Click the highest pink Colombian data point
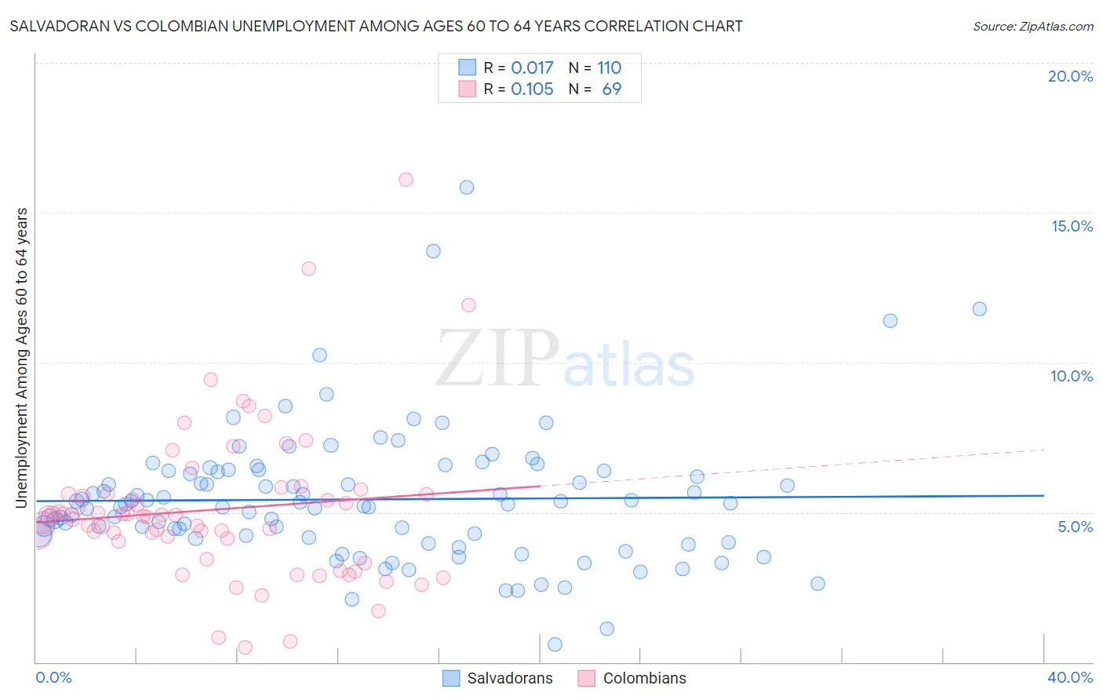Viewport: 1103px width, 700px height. [406, 180]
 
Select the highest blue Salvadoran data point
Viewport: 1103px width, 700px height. [467, 188]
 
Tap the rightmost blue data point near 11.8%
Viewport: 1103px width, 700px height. [979, 309]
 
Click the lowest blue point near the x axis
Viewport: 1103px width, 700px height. [555, 644]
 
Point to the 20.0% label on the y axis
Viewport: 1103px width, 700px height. [1070, 76]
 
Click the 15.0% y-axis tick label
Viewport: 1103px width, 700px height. [1072, 226]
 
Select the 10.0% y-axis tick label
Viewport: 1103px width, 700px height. [1072, 376]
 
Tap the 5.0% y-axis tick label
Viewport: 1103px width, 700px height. [1075, 527]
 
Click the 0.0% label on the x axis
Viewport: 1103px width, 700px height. [53, 678]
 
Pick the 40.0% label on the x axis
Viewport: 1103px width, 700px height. [1069, 678]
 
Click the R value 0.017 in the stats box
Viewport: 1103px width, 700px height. [532, 68]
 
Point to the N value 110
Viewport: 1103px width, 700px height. [609, 68]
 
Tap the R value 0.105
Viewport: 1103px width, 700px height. [532, 89]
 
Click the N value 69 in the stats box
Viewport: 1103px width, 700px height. [611, 89]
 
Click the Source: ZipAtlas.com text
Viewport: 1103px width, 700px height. [1032, 27]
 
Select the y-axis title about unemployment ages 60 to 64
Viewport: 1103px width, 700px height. [22, 357]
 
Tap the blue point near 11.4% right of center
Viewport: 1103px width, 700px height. [890, 321]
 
